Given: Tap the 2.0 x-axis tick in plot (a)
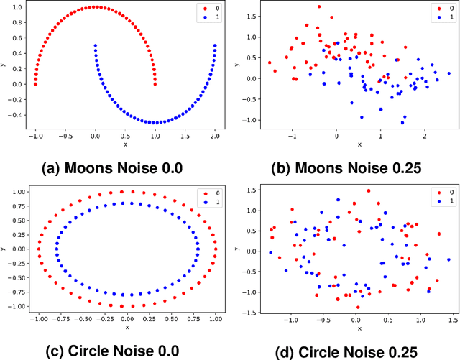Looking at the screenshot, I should point(215,134).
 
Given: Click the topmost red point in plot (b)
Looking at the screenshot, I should point(319,6).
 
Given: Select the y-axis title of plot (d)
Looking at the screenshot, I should point(236,248).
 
